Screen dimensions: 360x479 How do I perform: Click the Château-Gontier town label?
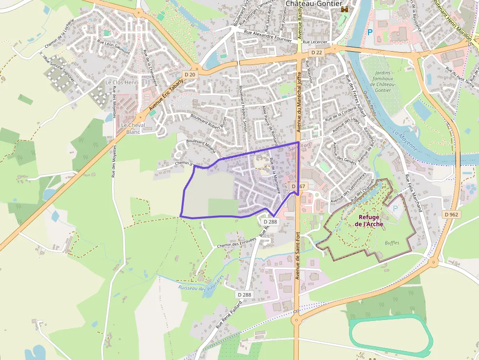tap(313, 3)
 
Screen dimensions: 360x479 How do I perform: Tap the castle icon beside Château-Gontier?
tap(346, 9)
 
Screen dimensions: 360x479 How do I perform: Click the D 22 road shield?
tap(317, 52)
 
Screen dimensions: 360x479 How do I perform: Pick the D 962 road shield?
tap(452, 214)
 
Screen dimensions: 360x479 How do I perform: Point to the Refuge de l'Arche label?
tap(369, 221)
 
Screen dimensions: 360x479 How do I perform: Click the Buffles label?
tap(392, 242)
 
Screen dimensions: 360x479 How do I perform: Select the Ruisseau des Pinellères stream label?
tap(201, 283)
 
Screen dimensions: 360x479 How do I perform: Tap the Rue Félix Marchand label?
tap(414, 192)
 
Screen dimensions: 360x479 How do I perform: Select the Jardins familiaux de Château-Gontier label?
tap(381, 81)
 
